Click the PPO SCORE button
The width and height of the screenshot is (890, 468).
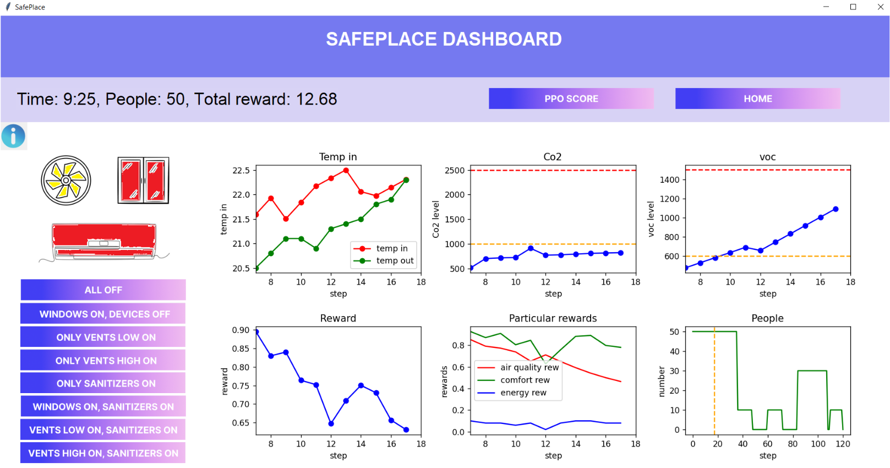571,99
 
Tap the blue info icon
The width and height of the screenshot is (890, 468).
13,136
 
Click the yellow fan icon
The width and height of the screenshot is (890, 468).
66,181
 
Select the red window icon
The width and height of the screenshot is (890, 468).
143,181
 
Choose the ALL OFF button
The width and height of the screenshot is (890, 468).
103,290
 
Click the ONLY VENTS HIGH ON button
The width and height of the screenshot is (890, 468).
103,361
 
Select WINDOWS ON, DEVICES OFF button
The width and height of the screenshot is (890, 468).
103,314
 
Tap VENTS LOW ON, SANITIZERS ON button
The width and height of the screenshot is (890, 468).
103,430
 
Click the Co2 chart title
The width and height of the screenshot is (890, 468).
553,157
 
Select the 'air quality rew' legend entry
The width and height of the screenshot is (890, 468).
529,367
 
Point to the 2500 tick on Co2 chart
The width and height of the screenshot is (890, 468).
455,171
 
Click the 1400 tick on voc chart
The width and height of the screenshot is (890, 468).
669,179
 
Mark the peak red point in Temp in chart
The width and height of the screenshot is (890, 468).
346,171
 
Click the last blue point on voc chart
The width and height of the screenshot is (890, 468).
836,209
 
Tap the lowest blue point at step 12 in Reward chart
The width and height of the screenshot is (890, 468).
331,424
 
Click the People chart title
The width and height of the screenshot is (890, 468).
767,318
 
